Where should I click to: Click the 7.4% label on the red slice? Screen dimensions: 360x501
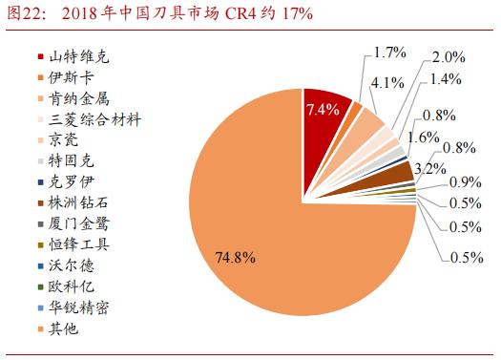[323, 110]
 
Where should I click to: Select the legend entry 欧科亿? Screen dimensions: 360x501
[74, 286]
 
